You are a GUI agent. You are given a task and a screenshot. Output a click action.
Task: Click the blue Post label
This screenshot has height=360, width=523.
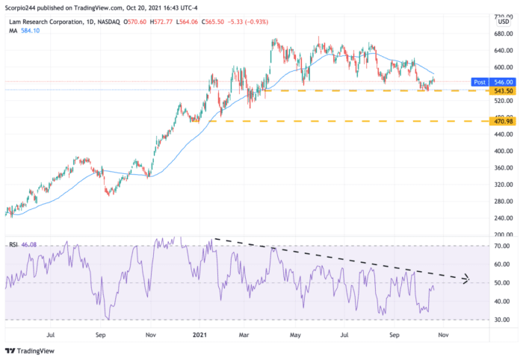point(480,81)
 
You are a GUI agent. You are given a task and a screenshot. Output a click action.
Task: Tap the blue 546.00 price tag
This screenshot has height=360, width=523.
point(501,81)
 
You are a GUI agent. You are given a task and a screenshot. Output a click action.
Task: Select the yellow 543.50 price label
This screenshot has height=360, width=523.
point(501,91)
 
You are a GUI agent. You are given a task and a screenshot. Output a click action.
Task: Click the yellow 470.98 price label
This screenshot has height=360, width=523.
point(501,121)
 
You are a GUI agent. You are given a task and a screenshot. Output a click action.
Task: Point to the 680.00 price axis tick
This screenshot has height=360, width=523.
point(501,34)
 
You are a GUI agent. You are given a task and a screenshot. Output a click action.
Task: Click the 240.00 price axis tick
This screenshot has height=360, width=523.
point(501,218)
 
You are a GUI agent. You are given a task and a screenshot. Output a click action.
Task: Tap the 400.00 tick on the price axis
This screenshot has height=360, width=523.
point(501,151)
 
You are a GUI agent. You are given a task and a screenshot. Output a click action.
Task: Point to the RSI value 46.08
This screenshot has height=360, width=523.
point(28,244)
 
